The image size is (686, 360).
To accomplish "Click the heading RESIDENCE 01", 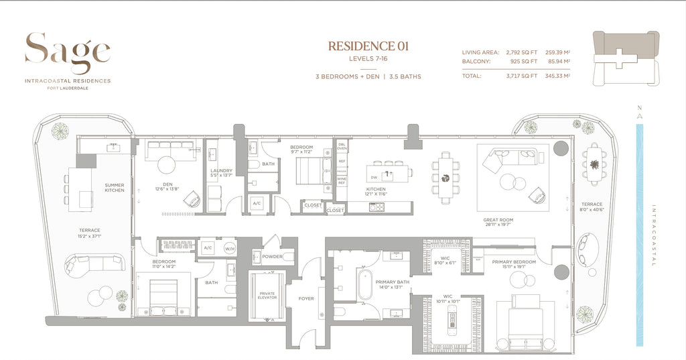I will [x=368, y=46].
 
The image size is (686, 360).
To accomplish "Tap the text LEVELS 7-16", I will [x=368, y=60].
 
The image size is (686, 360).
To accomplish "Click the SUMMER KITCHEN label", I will [x=114, y=188].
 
